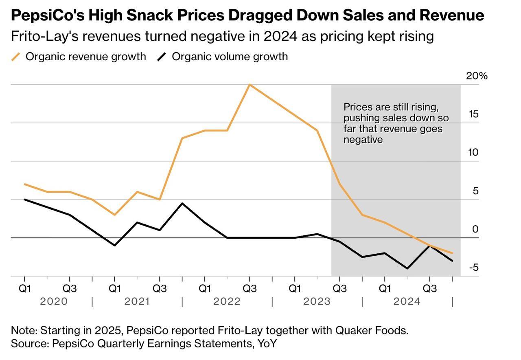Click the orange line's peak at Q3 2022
tap(250, 85)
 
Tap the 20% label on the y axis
tap(477, 76)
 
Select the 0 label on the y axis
tap(475, 229)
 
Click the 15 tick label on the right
tap(473, 114)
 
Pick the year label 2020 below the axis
tap(54, 302)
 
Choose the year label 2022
tap(227, 302)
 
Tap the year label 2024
tap(407, 302)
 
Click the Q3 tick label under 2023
tap(339, 289)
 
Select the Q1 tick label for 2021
tap(114, 289)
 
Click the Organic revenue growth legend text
tap(85, 57)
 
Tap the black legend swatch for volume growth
tap(162, 57)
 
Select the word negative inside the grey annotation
tap(363, 140)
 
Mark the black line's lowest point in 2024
tap(407, 268)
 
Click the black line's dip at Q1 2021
tap(114, 246)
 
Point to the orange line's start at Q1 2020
tap(24, 184)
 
